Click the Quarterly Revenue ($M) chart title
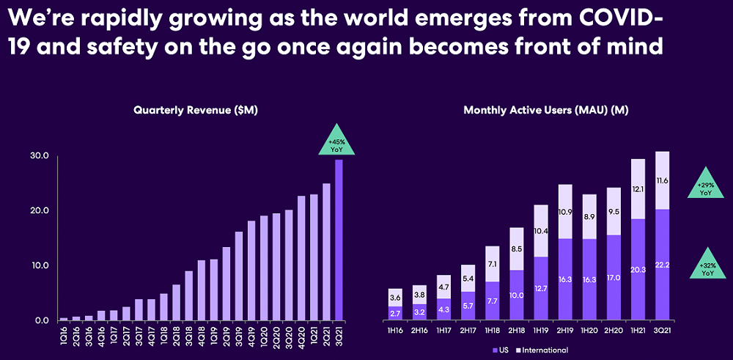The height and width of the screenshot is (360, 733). (x=196, y=110)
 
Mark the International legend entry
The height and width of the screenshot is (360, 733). (x=543, y=350)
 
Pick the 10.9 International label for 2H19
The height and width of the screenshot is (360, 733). (x=564, y=212)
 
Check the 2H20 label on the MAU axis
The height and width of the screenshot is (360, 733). (x=614, y=331)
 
